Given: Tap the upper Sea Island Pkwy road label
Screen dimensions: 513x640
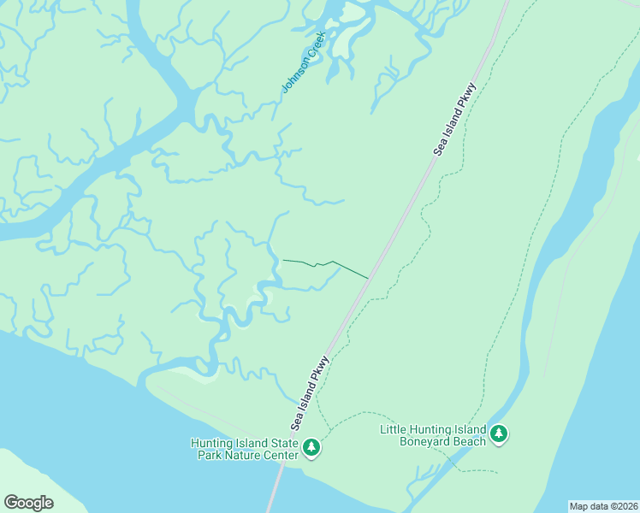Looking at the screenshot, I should [453, 120].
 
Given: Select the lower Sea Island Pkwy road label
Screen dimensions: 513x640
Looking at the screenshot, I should [309, 393].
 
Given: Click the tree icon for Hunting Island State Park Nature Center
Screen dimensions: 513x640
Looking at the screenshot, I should [311, 447].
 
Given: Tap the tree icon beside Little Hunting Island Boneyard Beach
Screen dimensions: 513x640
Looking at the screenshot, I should [499, 434].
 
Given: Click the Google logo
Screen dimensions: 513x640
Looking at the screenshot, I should [28, 503].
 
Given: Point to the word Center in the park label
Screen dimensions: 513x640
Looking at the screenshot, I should [278, 455].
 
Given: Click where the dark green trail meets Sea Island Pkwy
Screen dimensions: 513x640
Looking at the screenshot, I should [368, 278].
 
